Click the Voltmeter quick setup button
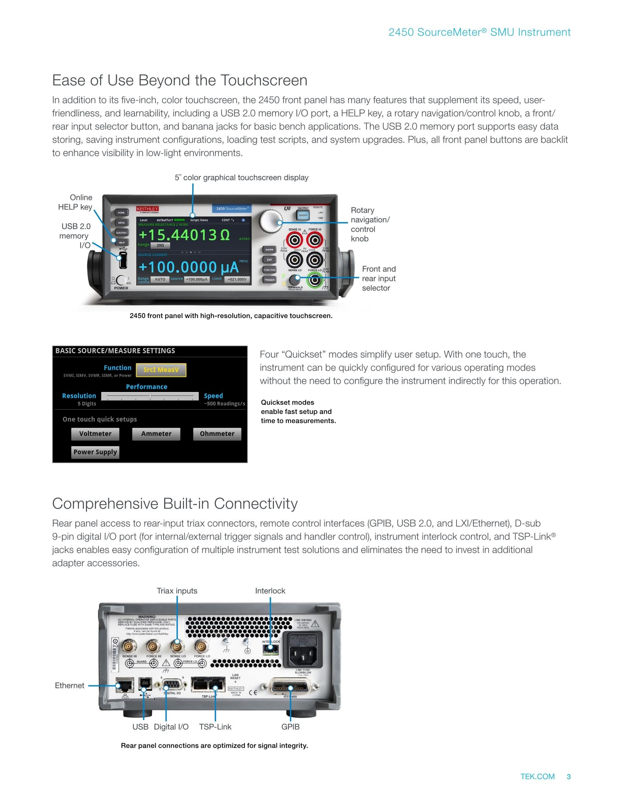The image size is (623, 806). point(95,434)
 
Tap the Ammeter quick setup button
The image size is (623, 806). point(156,434)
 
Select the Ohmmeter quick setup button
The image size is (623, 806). point(217,434)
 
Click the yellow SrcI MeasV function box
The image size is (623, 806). point(161,370)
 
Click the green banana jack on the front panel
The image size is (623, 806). point(314,280)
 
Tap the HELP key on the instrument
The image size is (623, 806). point(121,242)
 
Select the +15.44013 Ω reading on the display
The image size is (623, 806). point(184,235)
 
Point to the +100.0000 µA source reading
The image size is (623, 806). point(188,267)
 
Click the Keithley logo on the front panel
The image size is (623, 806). point(148,209)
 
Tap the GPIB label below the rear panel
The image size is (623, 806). point(290,727)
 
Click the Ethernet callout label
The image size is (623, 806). point(69,685)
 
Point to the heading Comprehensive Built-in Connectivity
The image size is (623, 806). point(175,503)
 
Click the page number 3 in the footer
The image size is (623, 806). point(568,776)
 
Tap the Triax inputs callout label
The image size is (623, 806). point(177,591)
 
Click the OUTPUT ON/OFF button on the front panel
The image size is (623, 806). point(303,215)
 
